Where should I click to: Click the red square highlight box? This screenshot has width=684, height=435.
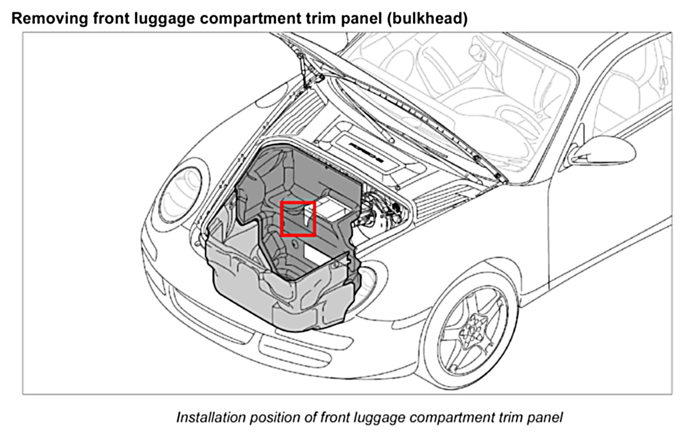coord(298,219)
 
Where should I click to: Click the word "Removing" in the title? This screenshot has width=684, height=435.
coord(49,18)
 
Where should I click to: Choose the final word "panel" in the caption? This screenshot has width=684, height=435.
coord(544,417)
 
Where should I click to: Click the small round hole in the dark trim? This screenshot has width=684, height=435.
coord(294,244)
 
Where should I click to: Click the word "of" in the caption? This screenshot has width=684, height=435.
coord(310,417)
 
